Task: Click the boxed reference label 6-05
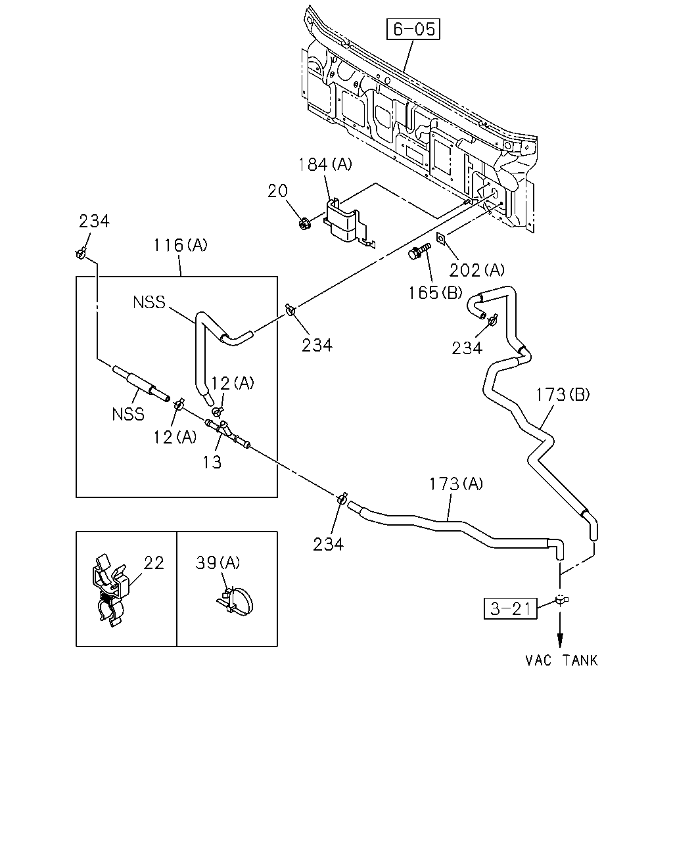pos(413,29)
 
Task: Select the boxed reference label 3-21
pos(510,609)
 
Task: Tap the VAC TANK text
pos(561,660)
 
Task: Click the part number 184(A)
pos(325,164)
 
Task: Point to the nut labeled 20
pos(304,224)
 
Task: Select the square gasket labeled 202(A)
pos(441,239)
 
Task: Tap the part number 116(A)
pos(180,245)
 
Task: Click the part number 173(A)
pos(456,484)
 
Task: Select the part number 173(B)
pos(563,395)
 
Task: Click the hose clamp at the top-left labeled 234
pos(81,253)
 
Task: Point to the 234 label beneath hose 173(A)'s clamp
pos(328,545)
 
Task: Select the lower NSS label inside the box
pos(128,414)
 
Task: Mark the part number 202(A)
pos(476,270)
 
